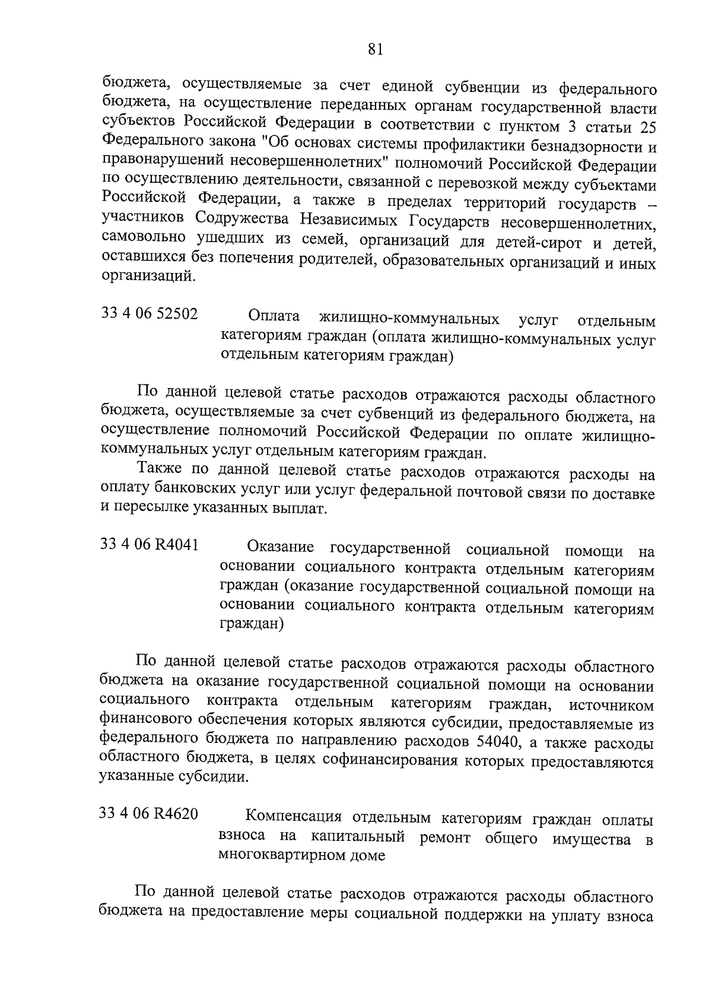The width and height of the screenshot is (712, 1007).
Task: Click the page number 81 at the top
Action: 376,50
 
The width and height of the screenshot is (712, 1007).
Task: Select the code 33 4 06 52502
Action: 150,313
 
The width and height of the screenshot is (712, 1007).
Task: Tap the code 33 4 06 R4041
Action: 150,544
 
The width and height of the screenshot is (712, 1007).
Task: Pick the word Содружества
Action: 243,220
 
